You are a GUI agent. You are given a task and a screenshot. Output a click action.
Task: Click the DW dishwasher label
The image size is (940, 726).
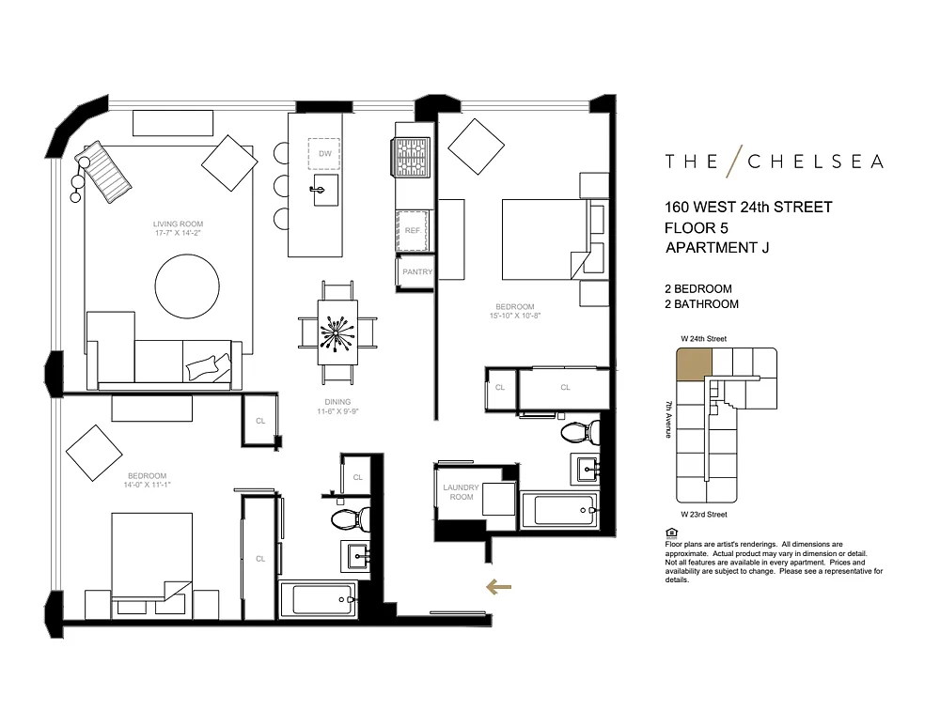tap(325, 154)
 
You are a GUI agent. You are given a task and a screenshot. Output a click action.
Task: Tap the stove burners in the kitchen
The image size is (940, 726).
tap(411, 157)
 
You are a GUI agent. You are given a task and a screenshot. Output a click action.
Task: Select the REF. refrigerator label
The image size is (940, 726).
tap(413, 231)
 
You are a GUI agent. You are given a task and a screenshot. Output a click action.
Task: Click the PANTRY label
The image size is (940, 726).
tap(417, 272)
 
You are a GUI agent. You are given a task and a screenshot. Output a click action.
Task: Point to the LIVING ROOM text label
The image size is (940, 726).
tap(178, 224)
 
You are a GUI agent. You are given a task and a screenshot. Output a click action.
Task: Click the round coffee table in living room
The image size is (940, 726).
tap(187, 286)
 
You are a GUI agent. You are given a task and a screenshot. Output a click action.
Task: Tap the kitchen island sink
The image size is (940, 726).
tap(325, 190)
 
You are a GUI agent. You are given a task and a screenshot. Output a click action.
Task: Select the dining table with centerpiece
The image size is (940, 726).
tap(337, 332)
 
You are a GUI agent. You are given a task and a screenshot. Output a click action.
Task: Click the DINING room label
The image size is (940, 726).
tap(337, 402)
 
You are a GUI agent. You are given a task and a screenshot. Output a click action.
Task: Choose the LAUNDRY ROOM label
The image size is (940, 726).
tap(461, 492)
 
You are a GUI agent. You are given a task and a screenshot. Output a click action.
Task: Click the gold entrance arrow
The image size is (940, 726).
tap(498, 587)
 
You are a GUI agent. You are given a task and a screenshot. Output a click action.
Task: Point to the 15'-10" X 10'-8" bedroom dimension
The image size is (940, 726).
tap(515, 316)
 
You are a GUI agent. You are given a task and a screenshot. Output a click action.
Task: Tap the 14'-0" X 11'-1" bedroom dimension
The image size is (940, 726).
tap(147, 485)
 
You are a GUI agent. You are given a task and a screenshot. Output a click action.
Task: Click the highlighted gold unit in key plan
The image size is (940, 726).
tap(695, 364)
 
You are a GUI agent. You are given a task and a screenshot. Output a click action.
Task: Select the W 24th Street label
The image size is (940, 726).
tap(704, 339)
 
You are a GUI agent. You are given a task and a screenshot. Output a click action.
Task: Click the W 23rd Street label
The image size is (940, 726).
tap(704, 515)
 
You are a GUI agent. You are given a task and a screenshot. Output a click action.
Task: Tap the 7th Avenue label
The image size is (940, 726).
tap(668, 419)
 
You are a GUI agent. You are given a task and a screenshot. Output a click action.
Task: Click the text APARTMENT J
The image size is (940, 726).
tap(717, 248)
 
